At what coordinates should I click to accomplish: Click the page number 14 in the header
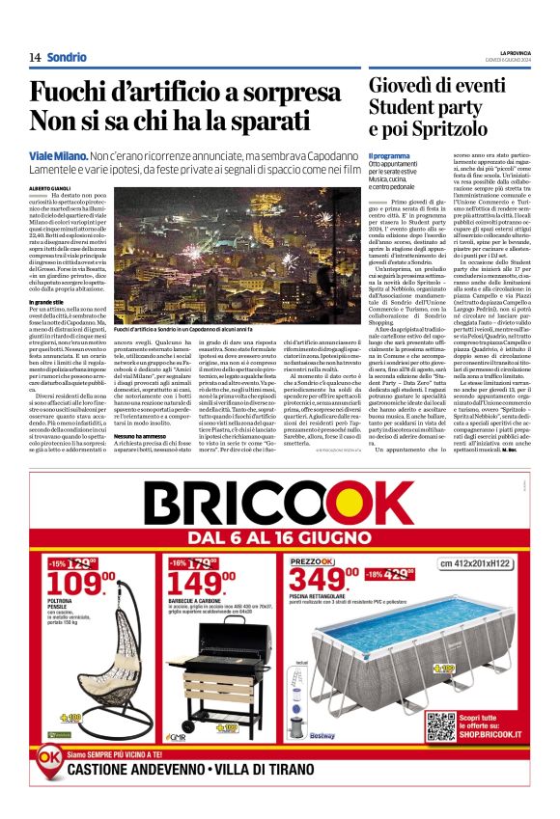(x=35, y=58)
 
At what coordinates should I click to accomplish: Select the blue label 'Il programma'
(x=389, y=156)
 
